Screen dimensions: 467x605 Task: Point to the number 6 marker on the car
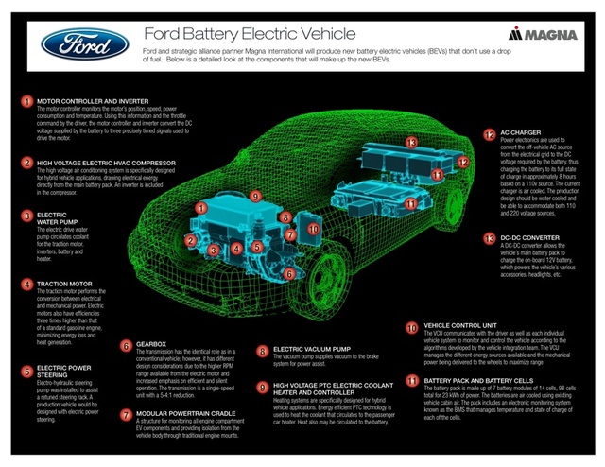(x=289, y=273)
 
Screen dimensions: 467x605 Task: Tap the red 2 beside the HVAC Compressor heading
(x=26, y=163)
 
